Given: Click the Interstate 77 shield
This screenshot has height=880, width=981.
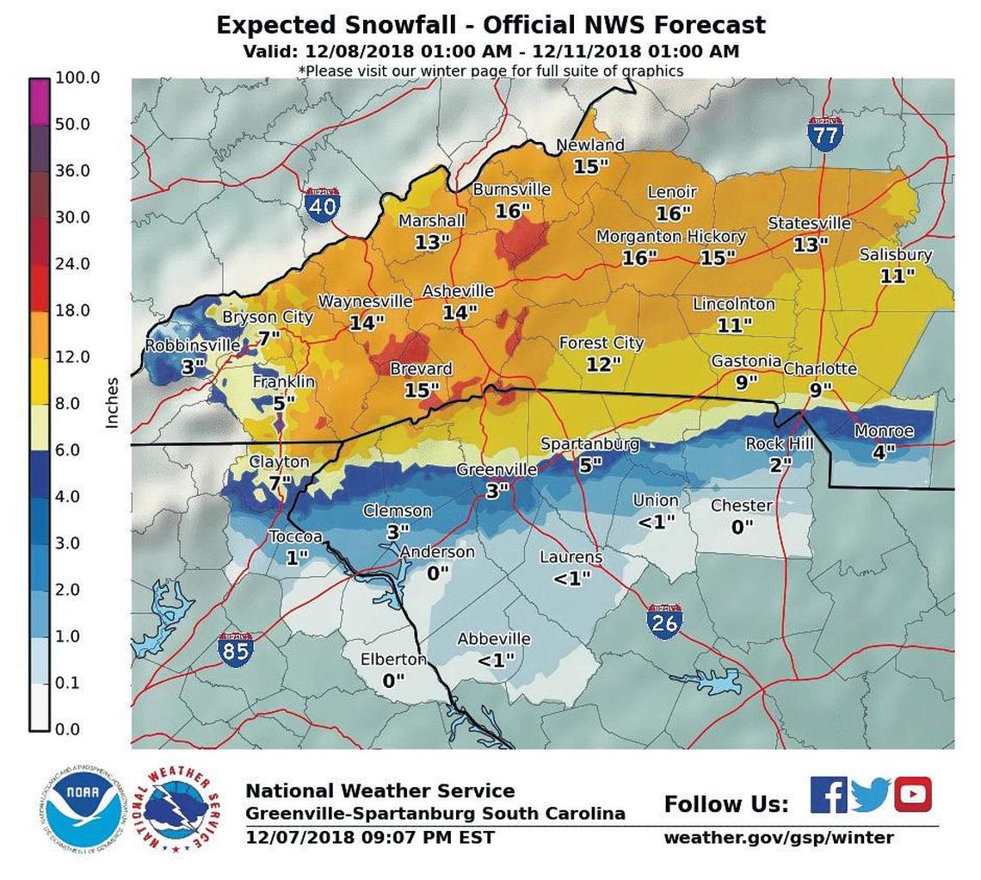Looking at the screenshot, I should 825,133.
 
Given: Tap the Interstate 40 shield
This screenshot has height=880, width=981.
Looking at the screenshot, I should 321,205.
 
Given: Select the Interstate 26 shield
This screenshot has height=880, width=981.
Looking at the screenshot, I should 664,621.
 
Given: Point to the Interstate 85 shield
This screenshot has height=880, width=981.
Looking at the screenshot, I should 235,649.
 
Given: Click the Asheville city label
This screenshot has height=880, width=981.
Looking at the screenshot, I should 458,291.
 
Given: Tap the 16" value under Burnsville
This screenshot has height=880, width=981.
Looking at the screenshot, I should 513,210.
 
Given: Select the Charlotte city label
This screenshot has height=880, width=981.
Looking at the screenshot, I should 820,369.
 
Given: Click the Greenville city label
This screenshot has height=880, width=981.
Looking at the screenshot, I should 497,469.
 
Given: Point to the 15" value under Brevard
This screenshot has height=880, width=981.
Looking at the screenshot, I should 422,390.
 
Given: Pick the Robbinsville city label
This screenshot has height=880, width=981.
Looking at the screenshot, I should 193,345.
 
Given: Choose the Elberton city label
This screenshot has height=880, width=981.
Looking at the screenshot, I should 392,660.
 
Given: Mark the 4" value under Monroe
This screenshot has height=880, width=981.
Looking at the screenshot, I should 884,450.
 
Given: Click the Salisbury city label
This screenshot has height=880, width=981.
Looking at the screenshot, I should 896,255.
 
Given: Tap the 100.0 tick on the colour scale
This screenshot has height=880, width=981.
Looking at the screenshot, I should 77,77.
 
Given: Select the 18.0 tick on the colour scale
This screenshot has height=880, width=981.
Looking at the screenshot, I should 72,310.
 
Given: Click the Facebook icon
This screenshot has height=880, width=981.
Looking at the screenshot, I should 829,795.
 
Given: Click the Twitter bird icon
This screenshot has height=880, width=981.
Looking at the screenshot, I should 870,795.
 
